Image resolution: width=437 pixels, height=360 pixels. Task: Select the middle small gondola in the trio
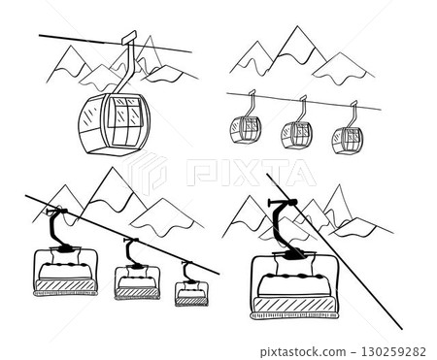click(x=295, y=135)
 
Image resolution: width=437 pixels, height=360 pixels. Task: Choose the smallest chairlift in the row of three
click(x=190, y=291)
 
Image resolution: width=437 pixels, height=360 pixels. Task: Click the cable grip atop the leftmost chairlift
click(x=57, y=212)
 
